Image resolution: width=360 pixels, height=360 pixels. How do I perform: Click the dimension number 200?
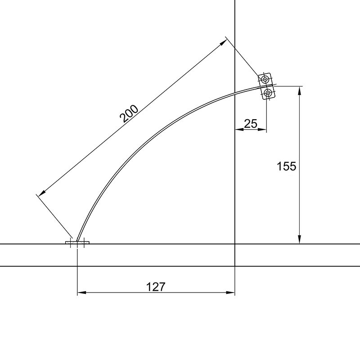(129, 114)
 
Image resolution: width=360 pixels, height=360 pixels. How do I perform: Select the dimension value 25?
(251, 124)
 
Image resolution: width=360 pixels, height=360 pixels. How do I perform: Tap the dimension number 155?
(286, 166)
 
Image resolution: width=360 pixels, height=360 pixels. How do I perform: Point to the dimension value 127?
(156, 287)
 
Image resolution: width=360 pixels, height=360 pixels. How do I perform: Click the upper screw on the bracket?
(265, 80)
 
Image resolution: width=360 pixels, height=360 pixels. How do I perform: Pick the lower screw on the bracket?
(268, 93)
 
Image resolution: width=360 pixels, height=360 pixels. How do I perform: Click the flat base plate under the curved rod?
(77, 243)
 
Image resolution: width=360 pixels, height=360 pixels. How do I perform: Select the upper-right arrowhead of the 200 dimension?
(223, 42)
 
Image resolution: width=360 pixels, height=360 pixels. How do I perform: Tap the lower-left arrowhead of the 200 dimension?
(42, 193)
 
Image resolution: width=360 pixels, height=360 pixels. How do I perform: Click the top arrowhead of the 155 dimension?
(299, 90)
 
